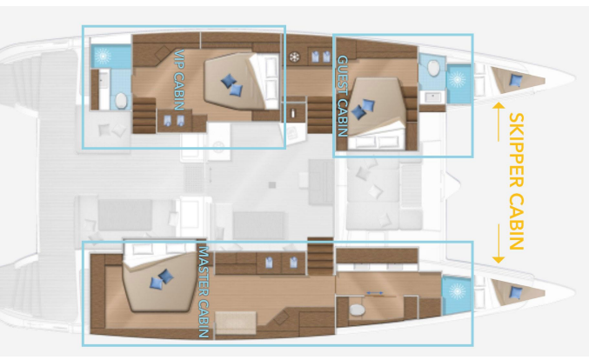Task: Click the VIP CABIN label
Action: pyautogui.click(x=179, y=80)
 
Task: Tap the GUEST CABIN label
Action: pyautogui.click(x=343, y=97)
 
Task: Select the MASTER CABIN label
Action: pyautogui.click(x=204, y=292)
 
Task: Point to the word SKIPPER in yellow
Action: pyautogui.click(x=516, y=150)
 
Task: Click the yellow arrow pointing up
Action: pyautogui.click(x=499, y=122)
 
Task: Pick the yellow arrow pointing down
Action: pyautogui.click(x=499, y=243)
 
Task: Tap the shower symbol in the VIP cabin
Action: pyautogui.click(x=103, y=56)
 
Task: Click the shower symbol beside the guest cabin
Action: pyautogui.click(x=458, y=80)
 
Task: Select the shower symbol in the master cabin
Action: pyautogui.click(x=457, y=291)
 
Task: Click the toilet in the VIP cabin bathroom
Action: pyautogui.click(x=121, y=101)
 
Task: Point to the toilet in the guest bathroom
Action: pyautogui.click(x=433, y=68)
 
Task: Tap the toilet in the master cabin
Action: pyautogui.click(x=357, y=310)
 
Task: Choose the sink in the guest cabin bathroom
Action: pyautogui.click(x=432, y=97)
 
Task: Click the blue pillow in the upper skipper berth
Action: pyautogui.click(x=515, y=80)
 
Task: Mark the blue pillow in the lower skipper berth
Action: pyautogui.click(x=515, y=292)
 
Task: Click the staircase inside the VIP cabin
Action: pyautogui.click(x=144, y=116)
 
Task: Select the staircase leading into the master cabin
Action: pyautogui.click(x=320, y=256)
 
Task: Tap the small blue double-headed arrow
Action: pyautogui.click(x=375, y=293)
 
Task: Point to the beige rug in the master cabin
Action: pyautogui.click(x=236, y=323)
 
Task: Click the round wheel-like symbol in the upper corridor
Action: pyautogui.click(x=295, y=57)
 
